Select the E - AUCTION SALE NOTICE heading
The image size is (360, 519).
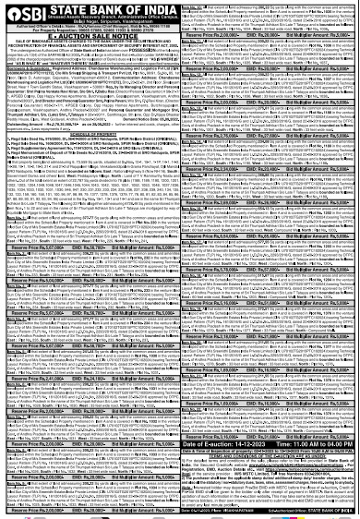point(90,38)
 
